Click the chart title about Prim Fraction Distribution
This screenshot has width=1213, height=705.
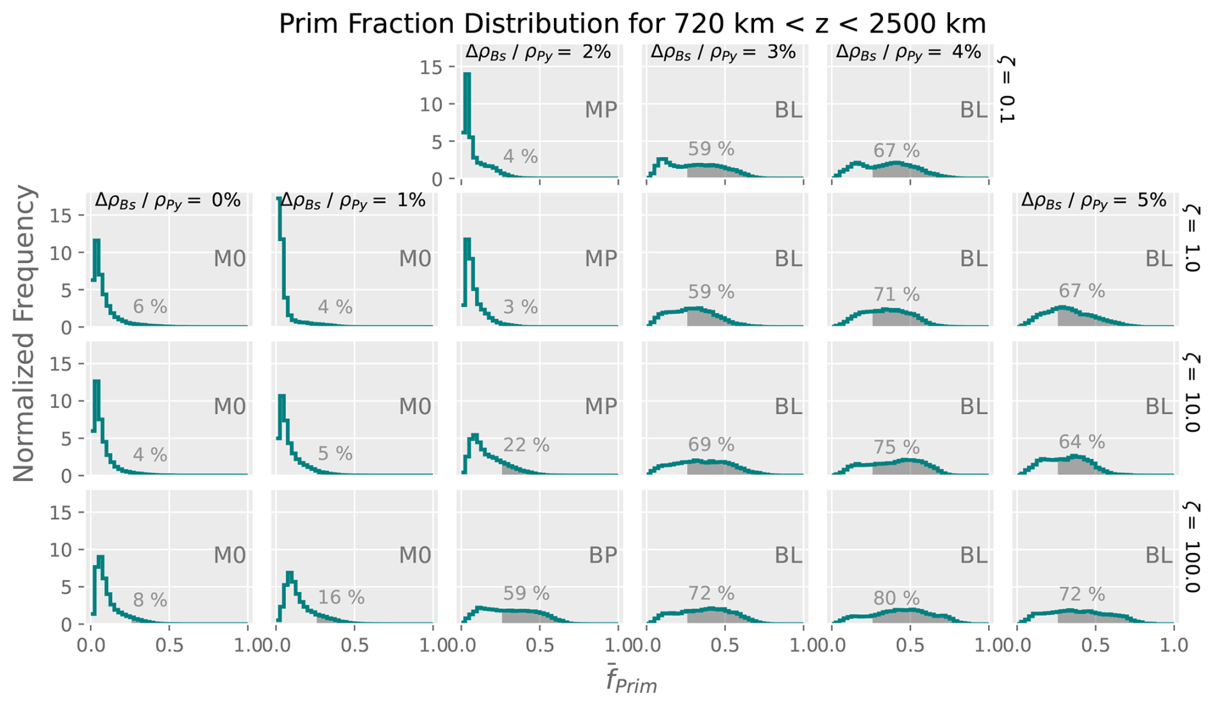coord(632,24)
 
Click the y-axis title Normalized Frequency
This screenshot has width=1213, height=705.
coord(24,334)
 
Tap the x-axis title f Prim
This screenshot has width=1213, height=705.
coord(632,681)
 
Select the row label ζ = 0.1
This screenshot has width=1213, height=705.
coord(1007,89)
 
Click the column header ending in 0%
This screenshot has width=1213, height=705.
coord(167,201)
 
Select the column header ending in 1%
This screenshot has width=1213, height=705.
coord(353,201)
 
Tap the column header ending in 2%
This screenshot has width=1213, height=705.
coord(538,53)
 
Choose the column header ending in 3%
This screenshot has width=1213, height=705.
coord(723,53)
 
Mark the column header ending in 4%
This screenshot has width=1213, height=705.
coord(908,53)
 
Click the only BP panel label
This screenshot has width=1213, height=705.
coord(603,556)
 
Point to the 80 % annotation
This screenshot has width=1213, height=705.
coord(896,599)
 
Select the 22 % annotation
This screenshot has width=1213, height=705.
coord(526,445)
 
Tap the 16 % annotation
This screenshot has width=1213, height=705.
coord(341,598)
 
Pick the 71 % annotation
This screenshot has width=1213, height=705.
coord(896,294)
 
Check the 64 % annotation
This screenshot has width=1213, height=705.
coord(1082,442)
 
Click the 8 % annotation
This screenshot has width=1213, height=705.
coord(150,600)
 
